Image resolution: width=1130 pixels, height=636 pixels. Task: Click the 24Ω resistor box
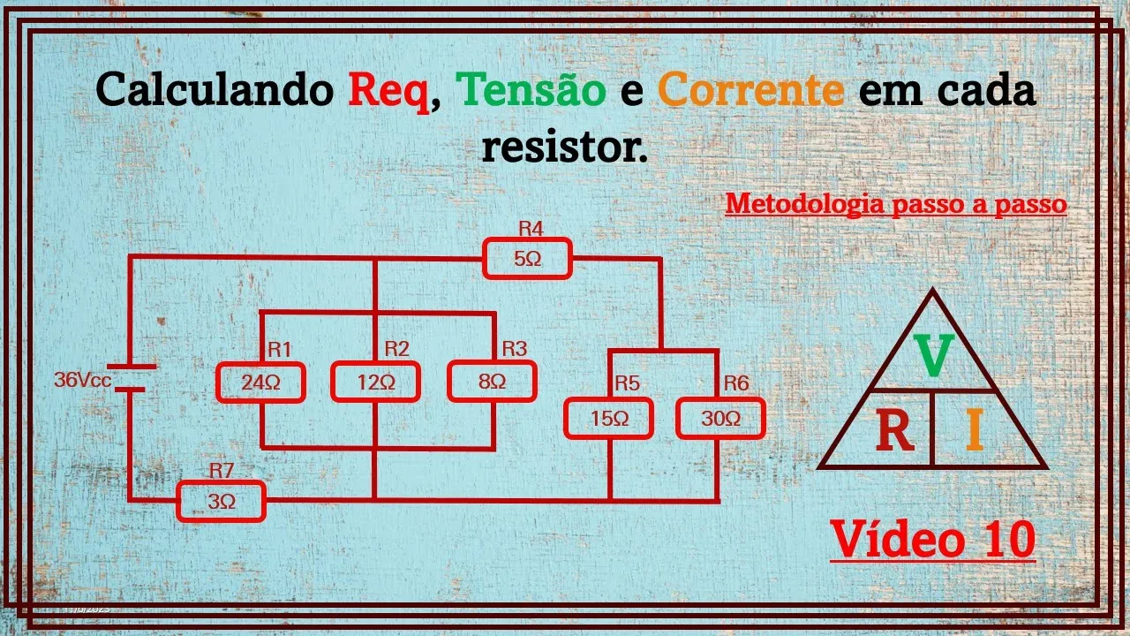(260, 382)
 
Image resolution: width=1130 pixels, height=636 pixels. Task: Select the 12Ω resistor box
(375, 382)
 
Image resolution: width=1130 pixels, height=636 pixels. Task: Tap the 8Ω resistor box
(492, 382)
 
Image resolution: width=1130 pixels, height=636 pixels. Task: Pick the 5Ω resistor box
(527, 260)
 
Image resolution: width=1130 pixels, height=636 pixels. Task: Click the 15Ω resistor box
(609, 419)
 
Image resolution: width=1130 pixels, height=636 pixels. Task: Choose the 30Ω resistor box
(720, 419)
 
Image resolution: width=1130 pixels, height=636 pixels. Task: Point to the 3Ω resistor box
(222, 502)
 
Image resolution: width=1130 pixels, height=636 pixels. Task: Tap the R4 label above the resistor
(531, 229)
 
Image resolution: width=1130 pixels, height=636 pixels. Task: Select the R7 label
(222, 470)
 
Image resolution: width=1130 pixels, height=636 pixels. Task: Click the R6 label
(735, 382)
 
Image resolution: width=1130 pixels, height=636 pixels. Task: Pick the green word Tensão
(531, 91)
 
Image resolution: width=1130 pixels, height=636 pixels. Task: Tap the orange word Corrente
(751, 91)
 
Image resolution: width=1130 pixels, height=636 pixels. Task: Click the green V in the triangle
(932, 354)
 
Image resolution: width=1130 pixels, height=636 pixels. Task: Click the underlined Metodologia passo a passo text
(896, 204)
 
